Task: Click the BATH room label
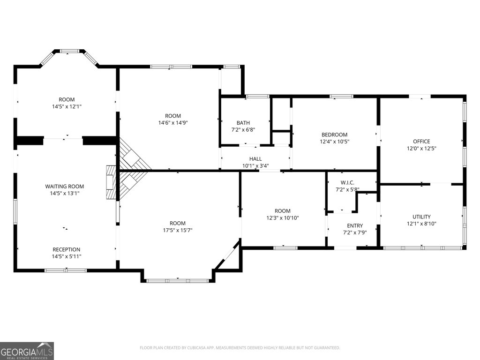click(x=243, y=123)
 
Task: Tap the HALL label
click(x=255, y=159)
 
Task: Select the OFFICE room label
click(x=421, y=142)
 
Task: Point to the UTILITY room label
click(x=421, y=217)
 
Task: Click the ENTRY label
click(x=355, y=225)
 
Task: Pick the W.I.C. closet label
click(x=347, y=183)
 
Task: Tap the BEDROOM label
click(x=334, y=135)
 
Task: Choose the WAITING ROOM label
click(x=65, y=187)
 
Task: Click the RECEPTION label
click(x=67, y=249)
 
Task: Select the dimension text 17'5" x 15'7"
click(x=178, y=230)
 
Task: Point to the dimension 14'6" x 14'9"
click(x=173, y=123)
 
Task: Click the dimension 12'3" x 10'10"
click(x=283, y=218)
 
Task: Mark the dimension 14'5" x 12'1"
click(x=67, y=106)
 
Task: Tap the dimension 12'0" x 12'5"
click(x=421, y=149)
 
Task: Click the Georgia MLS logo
click(x=27, y=351)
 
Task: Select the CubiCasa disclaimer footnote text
click(x=240, y=348)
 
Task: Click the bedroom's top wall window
click(x=341, y=97)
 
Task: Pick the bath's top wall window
click(x=258, y=97)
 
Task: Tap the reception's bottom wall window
click(x=66, y=270)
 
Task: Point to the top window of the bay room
click(x=69, y=51)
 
